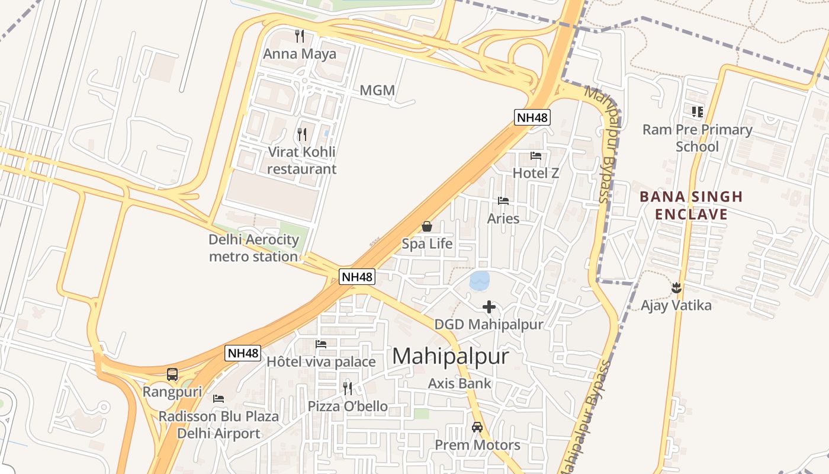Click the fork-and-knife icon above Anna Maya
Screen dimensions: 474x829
(x=300, y=36)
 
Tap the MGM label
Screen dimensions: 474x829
(x=377, y=91)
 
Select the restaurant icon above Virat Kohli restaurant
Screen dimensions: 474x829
(x=302, y=134)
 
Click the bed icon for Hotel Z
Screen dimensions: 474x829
(x=536, y=156)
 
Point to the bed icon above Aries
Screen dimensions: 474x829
(x=503, y=201)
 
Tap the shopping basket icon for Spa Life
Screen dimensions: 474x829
(x=426, y=226)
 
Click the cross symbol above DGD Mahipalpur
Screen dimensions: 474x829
(x=489, y=307)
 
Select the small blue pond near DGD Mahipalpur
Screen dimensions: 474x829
(x=480, y=280)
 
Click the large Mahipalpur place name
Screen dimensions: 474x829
(x=451, y=356)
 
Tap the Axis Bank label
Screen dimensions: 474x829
(x=460, y=383)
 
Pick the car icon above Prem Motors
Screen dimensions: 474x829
(x=477, y=427)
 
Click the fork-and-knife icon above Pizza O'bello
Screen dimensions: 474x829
(x=348, y=388)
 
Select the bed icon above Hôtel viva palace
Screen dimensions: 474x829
(x=321, y=344)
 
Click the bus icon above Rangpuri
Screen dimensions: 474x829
(x=172, y=374)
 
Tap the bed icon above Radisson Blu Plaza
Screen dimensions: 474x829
(x=219, y=399)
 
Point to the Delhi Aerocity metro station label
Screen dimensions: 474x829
(x=253, y=248)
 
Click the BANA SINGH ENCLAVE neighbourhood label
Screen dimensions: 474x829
(x=691, y=205)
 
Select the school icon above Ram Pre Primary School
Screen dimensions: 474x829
(x=698, y=111)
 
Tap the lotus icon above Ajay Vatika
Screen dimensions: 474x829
(x=676, y=289)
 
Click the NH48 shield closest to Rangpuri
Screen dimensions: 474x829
(x=243, y=353)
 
